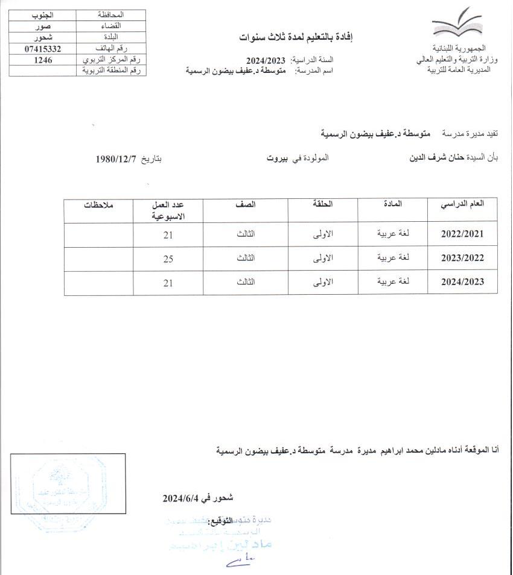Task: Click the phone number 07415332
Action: pyautogui.click(x=43, y=48)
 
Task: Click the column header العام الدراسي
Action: pyautogui.click(x=464, y=204)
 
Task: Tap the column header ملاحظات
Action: pyautogui.click(x=99, y=204)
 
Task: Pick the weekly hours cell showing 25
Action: pyautogui.click(x=168, y=258)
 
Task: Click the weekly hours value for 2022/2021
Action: pyautogui.click(x=168, y=234)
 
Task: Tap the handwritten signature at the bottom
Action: pyautogui.click(x=240, y=562)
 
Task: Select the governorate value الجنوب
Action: pyautogui.click(x=43, y=14)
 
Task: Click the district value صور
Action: pyautogui.click(x=43, y=26)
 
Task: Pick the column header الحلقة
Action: pyautogui.click(x=323, y=204)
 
